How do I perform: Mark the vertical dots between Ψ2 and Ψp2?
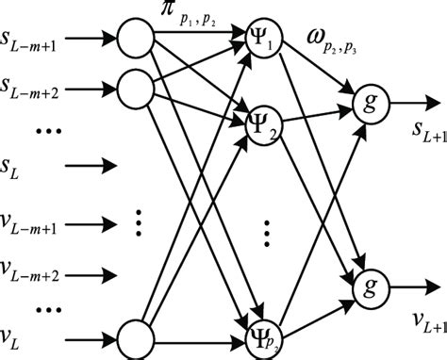[x=268, y=230]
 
